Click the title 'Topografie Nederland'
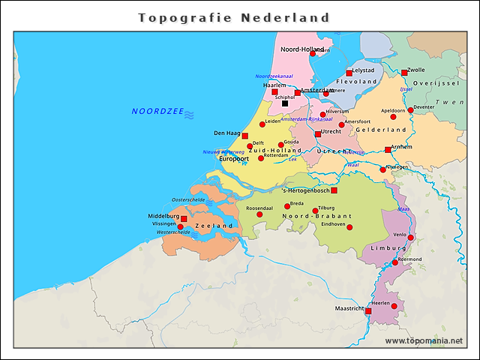click(x=234, y=17)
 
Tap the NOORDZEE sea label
click(x=157, y=112)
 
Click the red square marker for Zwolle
click(x=404, y=73)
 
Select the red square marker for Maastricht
click(x=367, y=311)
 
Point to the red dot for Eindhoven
click(x=349, y=227)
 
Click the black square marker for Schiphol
click(x=285, y=103)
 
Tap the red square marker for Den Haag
click(x=244, y=136)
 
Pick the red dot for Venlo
click(x=410, y=238)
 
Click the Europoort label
click(x=233, y=159)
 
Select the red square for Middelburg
click(x=184, y=219)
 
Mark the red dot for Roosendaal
click(x=259, y=214)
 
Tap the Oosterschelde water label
click(x=188, y=200)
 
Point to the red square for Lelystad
click(x=349, y=73)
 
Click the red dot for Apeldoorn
click(x=393, y=116)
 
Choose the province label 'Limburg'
click(x=388, y=247)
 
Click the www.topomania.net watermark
click(x=424, y=341)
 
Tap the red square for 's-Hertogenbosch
click(x=334, y=190)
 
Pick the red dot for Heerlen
click(x=394, y=306)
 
